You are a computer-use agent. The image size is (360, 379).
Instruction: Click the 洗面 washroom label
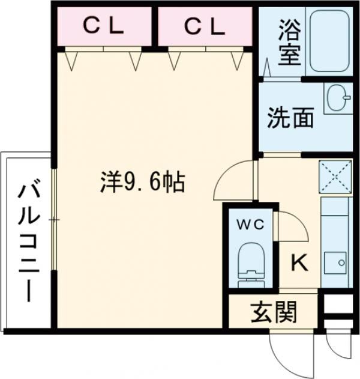(290, 118)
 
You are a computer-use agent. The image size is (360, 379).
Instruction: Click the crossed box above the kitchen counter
(335, 178)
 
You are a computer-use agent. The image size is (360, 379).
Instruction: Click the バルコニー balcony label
(26, 240)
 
